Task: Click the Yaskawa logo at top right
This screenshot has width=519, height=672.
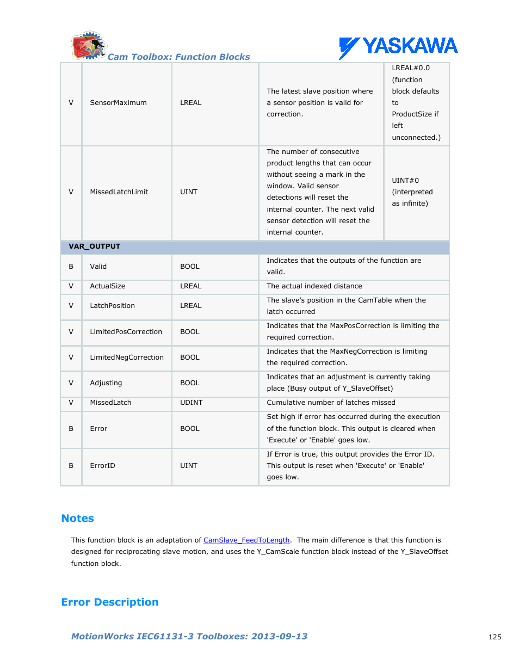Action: [x=398, y=47]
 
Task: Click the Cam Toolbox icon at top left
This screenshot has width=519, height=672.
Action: [x=88, y=46]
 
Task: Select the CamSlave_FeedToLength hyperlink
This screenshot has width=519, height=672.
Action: [x=246, y=540]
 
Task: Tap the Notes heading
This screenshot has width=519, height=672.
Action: [x=77, y=519]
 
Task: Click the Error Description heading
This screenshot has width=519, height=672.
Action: [x=110, y=602]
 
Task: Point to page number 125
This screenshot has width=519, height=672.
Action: [x=495, y=637]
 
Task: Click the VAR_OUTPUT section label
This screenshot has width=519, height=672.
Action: [x=94, y=246]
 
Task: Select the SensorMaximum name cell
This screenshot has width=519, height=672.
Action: [x=118, y=103]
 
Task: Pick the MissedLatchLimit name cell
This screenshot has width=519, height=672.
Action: [x=119, y=192]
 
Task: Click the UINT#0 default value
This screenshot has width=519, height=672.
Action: [x=405, y=181]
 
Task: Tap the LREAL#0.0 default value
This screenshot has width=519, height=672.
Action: [x=411, y=68]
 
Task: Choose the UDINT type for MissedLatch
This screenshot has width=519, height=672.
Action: [x=191, y=403]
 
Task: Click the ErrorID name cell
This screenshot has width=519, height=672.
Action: [x=102, y=466]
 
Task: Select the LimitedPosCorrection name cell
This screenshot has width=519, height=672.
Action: [x=126, y=332]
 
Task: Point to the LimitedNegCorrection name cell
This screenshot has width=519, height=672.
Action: [x=127, y=357]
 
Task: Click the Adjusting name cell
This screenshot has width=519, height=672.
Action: [x=106, y=383]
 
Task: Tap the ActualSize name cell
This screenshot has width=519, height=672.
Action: [x=107, y=286]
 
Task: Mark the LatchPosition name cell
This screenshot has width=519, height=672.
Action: [x=112, y=306]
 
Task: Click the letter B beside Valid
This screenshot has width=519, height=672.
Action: [x=71, y=267]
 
